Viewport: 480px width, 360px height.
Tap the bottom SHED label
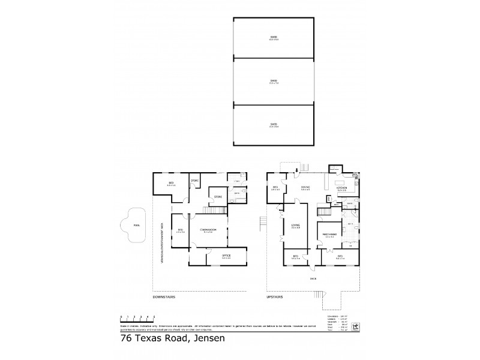pos(274,125)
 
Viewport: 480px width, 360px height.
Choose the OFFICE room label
pos(226,256)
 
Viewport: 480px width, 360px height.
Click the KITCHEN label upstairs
pos(341,188)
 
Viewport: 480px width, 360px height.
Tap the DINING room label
pos(305,187)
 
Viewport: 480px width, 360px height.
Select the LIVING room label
pos(296,226)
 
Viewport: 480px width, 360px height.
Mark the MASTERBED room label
pos(329,235)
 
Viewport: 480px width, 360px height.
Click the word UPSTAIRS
pos(274,296)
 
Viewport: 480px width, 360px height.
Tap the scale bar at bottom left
pos(137,316)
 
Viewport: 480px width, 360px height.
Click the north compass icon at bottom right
pos(355,326)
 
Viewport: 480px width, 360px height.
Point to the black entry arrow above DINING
pos(296,176)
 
